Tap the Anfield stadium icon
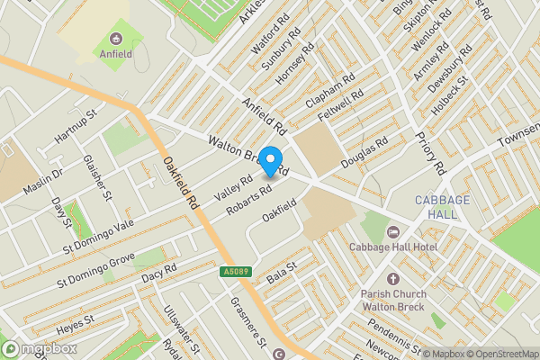coord(117,39)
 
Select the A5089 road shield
coord(233,271)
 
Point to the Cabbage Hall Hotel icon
coord(393,231)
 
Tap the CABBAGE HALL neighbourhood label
coord(436,208)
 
